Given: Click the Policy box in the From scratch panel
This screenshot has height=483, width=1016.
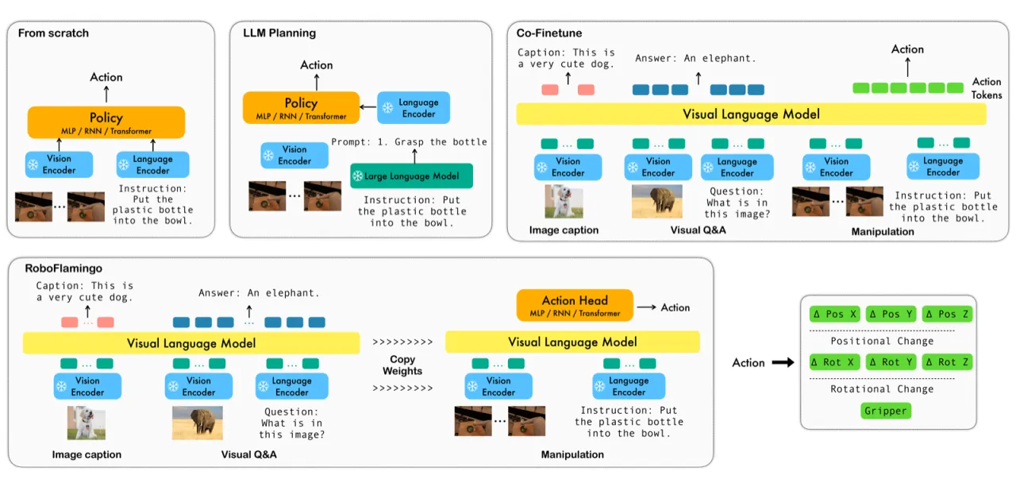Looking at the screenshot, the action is [106, 122].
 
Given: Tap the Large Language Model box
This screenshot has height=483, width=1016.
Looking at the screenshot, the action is [411, 176].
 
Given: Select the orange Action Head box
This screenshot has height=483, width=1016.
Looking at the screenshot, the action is [575, 305].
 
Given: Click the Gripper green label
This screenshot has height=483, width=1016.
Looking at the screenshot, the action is [885, 411].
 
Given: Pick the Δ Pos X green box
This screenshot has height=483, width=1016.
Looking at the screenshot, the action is [834, 314].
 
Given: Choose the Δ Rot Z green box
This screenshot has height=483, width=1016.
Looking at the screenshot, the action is [947, 362].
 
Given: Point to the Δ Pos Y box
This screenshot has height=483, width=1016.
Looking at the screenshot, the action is [891, 314].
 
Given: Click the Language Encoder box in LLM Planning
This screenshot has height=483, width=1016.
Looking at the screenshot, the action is [414, 108].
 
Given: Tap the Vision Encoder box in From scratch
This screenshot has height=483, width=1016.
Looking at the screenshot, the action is [59, 164].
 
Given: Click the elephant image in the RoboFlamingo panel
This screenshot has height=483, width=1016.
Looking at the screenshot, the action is [198, 423].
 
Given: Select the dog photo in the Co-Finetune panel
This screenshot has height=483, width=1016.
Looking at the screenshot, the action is [564, 201].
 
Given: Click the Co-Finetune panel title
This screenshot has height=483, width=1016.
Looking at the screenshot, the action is [548, 33].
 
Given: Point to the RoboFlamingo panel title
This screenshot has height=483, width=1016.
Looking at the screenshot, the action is [63, 269].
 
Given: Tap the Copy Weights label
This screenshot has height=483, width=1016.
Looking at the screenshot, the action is [402, 365].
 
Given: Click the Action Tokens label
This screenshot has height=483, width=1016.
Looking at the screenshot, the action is [987, 88].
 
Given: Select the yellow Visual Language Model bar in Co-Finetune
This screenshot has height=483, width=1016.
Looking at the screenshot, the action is [751, 114].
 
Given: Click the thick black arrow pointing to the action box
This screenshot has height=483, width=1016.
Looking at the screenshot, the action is [783, 362].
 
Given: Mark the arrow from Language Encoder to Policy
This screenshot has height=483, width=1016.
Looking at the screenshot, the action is [368, 107].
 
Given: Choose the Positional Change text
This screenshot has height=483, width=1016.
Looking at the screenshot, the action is [882, 341].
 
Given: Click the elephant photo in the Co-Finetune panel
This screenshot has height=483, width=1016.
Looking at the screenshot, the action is [656, 202].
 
